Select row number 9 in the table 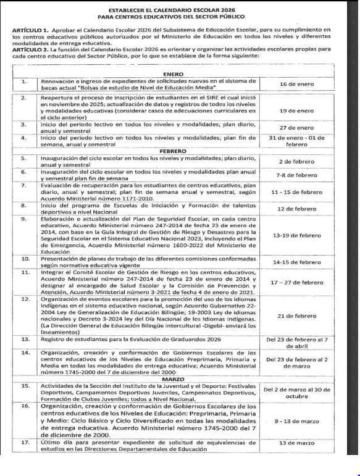tap(23, 219)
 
